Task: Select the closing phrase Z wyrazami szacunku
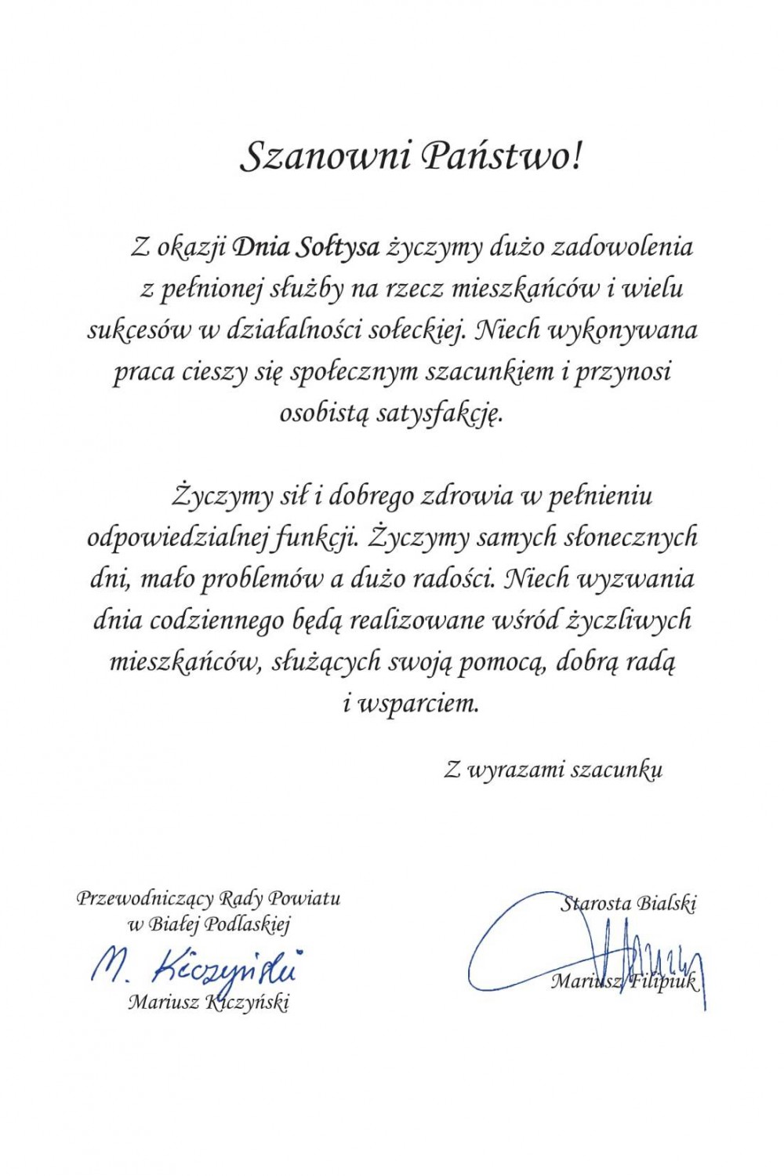[554, 770]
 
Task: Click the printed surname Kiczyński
[246, 1003]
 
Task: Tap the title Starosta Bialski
[629, 904]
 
